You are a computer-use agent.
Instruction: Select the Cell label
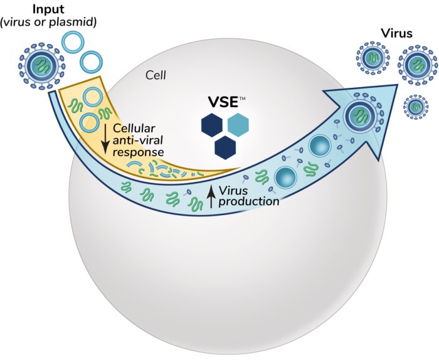point(156,75)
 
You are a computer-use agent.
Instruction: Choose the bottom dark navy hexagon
point(225,147)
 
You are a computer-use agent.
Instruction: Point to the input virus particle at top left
point(40,63)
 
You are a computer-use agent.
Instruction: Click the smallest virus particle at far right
point(414,107)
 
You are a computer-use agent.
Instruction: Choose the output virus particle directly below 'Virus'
point(415,65)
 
